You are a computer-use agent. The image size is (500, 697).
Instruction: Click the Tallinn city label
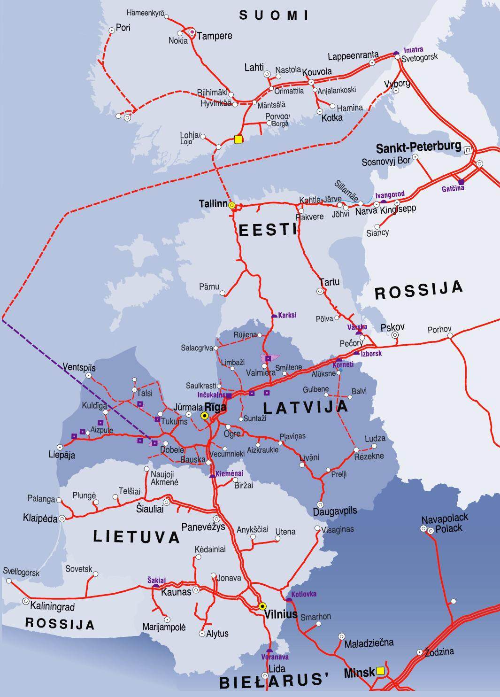click(x=212, y=204)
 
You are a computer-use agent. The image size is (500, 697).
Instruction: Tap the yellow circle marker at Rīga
click(x=205, y=416)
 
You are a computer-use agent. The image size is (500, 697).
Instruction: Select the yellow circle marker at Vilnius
click(x=262, y=606)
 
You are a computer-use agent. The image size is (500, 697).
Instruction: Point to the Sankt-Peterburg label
click(x=418, y=147)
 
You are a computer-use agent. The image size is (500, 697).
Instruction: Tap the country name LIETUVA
click(x=137, y=536)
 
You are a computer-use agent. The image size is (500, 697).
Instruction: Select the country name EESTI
click(x=268, y=230)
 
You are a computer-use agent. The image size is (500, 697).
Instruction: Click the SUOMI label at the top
click(x=274, y=15)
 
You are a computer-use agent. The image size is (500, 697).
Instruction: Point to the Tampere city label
click(x=214, y=36)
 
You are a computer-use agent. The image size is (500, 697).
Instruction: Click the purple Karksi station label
click(x=287, y=315)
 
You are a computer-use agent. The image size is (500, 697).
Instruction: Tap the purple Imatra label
click(x=413, y=49)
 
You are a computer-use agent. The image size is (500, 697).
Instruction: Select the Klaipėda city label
click(x=40, y=518)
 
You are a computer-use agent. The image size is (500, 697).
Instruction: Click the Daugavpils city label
click(x=335, y=511)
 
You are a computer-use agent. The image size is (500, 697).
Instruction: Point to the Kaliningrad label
click(x=52, y=607)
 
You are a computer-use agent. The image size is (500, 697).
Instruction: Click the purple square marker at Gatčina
click(x=461, y=182)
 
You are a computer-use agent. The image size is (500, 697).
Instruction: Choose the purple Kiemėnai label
click(x=230, y=473)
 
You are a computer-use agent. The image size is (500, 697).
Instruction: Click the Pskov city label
click(x=392, y=327)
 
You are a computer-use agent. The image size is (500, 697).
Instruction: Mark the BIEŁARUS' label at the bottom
click(x=273, y=681)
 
